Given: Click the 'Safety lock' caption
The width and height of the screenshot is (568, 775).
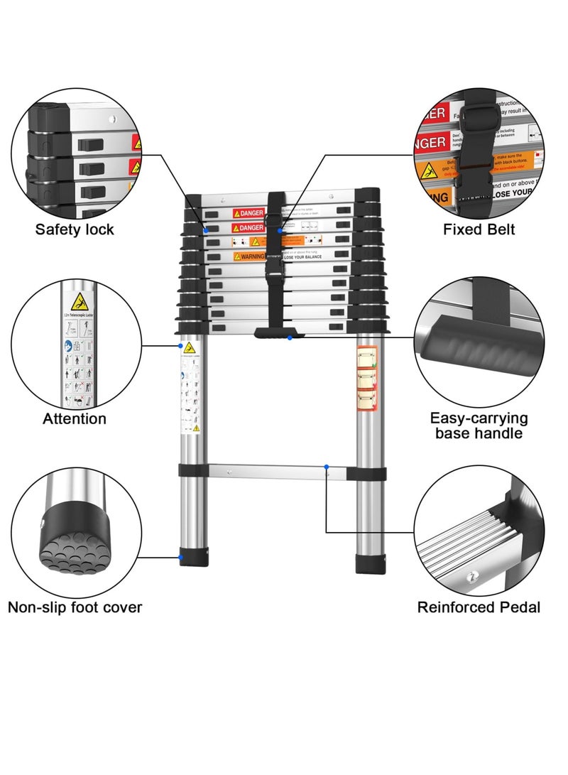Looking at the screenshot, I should (x=75, y=229).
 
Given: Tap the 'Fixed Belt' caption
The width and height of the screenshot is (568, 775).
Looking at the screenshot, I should (x=479, y=229).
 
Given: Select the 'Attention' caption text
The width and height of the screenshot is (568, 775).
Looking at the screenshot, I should (x=75, y=418).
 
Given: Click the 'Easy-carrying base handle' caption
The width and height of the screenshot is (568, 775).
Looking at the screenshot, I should (x=479, y=426).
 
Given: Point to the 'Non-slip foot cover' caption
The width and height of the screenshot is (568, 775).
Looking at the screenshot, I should (x=75, y=607).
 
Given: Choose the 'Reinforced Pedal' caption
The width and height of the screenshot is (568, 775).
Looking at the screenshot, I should (x=479, y=607).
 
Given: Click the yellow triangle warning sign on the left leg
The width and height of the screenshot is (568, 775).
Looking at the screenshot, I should (x=189, y=348).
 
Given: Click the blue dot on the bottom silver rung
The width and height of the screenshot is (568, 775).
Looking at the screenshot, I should (x=327, y=467).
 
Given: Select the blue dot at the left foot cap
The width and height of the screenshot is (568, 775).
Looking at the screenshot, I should (x=181, y=557).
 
